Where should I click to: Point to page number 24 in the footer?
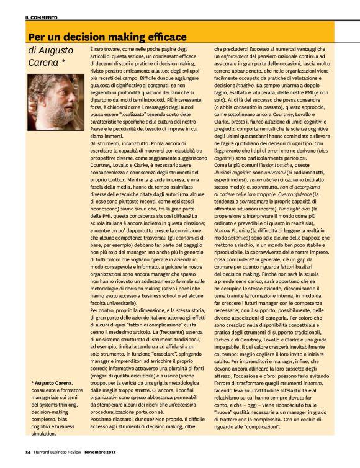point(28,451)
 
